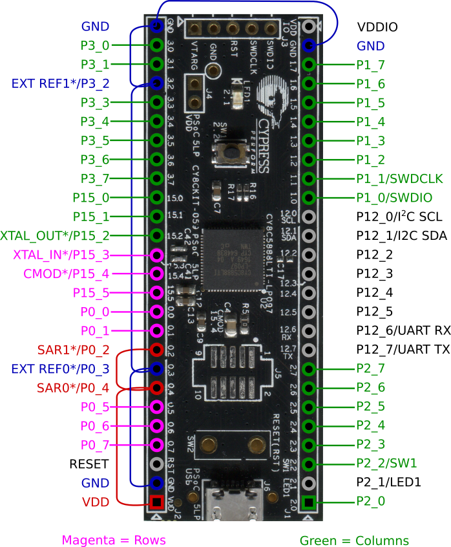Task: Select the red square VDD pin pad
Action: (156, 502)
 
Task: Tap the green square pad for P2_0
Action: (309, 502)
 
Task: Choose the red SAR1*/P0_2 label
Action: (72, 350)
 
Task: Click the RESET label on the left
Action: (89, 464)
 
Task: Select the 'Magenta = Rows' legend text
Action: (114, 540)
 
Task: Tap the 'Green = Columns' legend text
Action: (354, 540)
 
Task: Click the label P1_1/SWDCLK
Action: (393, 178)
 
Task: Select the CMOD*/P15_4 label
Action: (66, 273)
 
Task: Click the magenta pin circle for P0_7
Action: (156, 445)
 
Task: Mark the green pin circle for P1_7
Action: (309, 65)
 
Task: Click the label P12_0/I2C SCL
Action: (399, 217)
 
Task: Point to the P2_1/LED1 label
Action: (389, 482)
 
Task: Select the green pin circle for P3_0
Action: (156, 45)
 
